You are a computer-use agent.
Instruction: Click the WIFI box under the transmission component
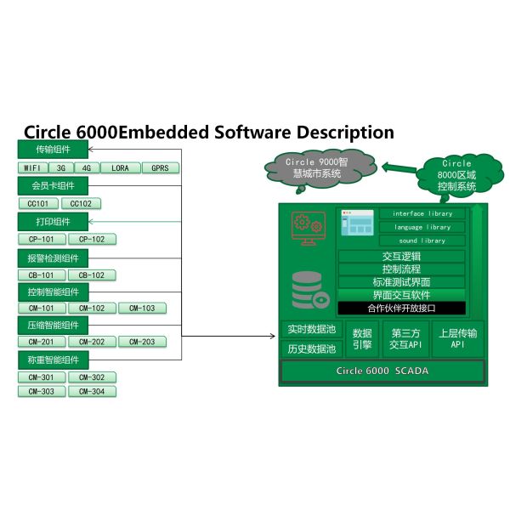tap(32, 168)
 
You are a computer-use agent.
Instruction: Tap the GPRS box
tap(160, 168)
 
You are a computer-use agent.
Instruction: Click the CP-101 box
tap(41, 240)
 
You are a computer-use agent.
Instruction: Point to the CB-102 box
tap(91, 275)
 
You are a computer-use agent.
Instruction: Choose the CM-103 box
tap(142, 309)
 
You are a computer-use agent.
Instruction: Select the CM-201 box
tap(41, 342)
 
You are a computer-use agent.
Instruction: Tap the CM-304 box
tap(92, 392)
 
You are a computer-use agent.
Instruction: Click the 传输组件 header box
tap(53, 150)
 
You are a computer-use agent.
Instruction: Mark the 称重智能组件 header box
tap(53, 360)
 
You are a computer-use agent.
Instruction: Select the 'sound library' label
tap(422, 241)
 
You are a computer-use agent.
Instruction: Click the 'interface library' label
tap(422, 213)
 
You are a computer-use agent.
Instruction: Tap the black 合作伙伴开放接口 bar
tap(401, 308)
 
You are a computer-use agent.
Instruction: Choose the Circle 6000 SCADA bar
tap(382, 371)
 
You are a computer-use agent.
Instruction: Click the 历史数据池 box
tap(311, 348)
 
